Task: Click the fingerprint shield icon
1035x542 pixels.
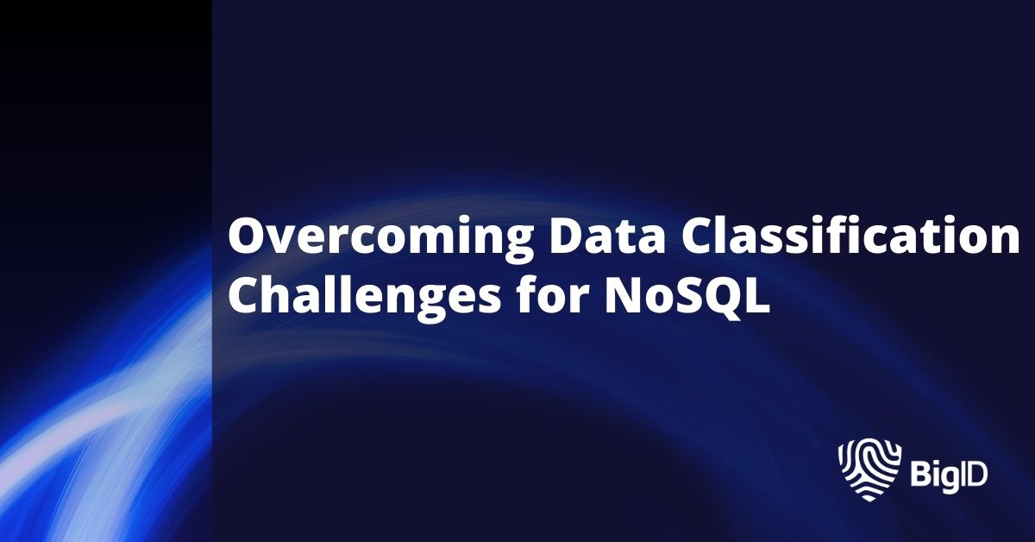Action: [869, 470]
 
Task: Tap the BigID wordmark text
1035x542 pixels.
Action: [949, 474]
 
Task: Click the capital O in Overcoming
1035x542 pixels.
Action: [246, 236]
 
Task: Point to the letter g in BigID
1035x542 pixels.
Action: [945, 477]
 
